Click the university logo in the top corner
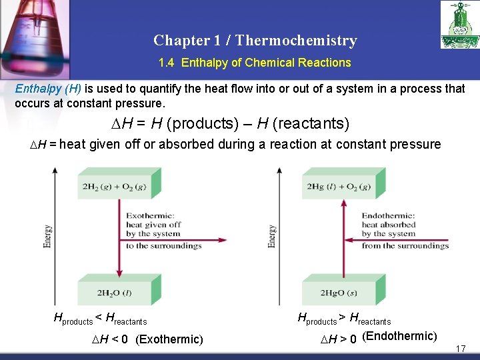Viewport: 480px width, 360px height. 459,25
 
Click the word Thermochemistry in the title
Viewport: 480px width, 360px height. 296,40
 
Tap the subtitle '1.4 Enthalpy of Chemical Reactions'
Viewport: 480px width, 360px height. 255,63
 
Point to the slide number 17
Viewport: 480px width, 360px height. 460,349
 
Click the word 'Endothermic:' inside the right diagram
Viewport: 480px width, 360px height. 388,215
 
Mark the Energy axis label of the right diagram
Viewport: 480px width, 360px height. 272,236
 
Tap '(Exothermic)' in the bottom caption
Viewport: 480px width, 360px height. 169,339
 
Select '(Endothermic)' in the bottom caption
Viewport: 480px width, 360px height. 399,336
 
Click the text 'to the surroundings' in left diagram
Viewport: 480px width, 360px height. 164,245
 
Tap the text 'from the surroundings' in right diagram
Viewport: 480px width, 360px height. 405,245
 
